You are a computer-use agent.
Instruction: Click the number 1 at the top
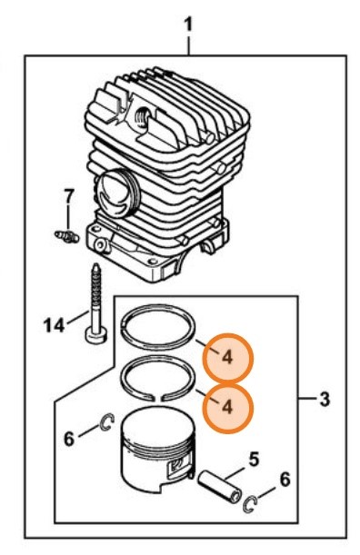[x=188, y=25]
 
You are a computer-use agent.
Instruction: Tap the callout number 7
[x=69, y=196]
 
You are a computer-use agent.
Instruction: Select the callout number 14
[x=55, y=325]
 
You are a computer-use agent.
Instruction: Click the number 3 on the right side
[x=325, y=399]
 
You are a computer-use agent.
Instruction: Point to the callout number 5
[x=254, y=459]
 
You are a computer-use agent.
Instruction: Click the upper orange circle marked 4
[x=228, y=358]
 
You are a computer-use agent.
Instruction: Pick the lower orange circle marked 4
[x=228, y=408]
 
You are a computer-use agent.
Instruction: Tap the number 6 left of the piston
[x=69, y=439]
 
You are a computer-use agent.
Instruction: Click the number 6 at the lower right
[x=285, y=480]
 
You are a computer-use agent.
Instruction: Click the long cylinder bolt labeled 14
[x=95, y=303]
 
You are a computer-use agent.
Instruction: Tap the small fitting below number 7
[x=67, y=236]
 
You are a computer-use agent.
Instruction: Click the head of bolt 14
[x=96, y=335]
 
